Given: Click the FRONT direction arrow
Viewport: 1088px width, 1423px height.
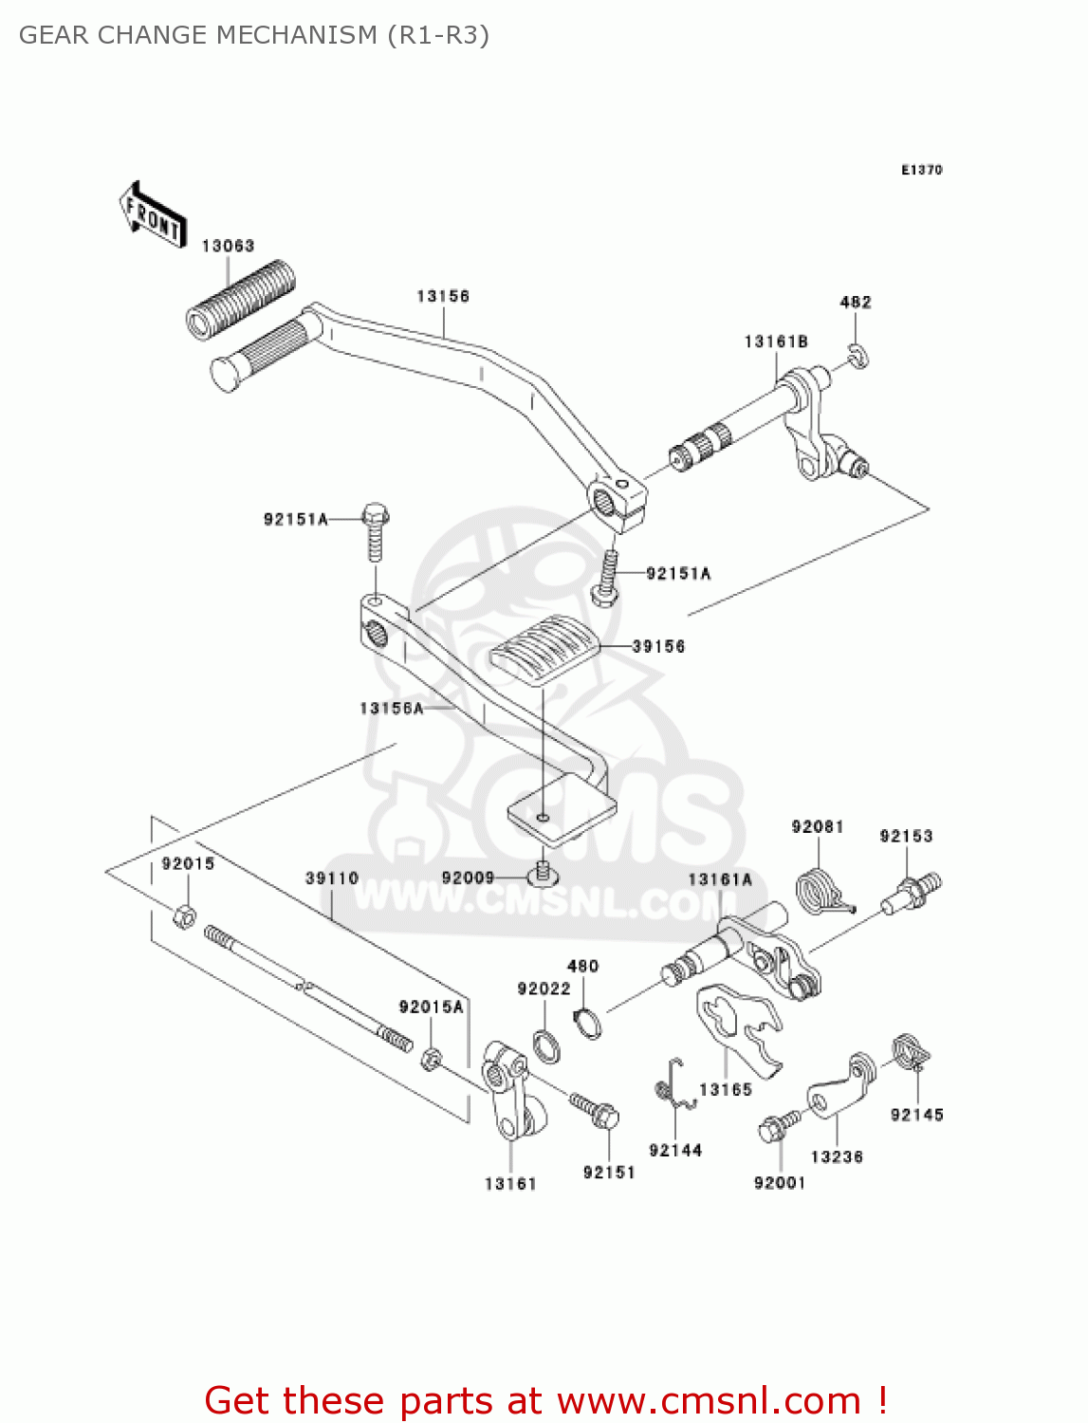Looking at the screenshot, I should (153, 215).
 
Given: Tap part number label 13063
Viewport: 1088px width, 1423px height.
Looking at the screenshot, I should (228, 246).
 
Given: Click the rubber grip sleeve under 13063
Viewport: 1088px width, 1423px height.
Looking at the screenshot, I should (240, 298).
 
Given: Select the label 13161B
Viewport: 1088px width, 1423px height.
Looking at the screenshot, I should (775, 342).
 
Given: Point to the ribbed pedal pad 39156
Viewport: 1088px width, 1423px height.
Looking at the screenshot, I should (544, 650).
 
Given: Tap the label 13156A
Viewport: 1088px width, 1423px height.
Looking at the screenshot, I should (391, 708).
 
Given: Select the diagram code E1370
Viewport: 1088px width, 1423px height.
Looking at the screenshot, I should (921, 170).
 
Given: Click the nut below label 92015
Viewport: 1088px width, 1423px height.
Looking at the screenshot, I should (185, 916).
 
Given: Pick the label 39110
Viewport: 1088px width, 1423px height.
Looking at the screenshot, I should (332, 878).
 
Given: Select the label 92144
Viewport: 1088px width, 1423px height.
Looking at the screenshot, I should (674, 1150).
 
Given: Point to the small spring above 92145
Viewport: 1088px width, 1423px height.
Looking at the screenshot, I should (911, 1051).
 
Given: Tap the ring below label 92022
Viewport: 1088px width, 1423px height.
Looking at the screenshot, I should (546, 1047).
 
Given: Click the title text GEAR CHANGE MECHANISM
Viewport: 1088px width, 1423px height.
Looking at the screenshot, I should (198, 35).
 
